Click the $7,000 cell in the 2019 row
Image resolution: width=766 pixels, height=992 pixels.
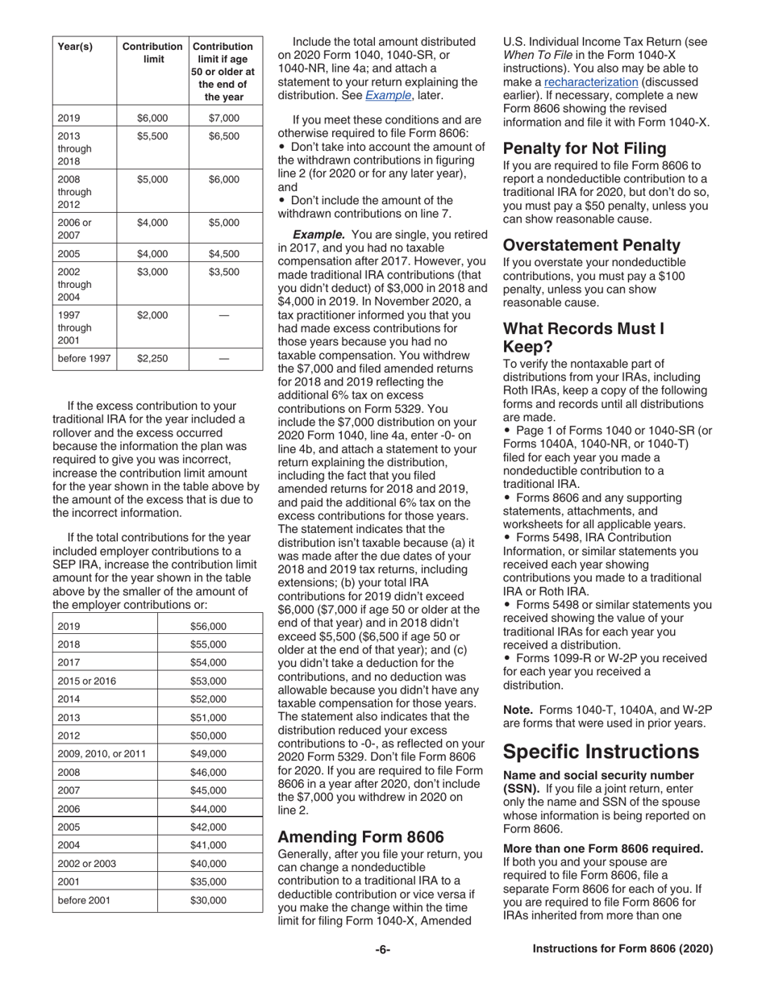pyautogui.click(x=224, y=118)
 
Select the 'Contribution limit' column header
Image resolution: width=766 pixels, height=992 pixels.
pyautogui.click(x=152, y=52)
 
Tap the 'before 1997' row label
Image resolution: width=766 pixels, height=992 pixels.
pyautogui.click(x=84, y=358)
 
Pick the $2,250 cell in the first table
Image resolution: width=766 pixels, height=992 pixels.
pyautogui.click(x=152, y=358)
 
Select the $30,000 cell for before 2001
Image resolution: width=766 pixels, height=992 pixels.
pyautogui.click(x=209, y=900)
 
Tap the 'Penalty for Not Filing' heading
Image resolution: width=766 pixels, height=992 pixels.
pyautogui.click(x=585, y=148)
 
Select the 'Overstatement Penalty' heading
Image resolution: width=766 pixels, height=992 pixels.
pyautogui.click(x=592, y=244)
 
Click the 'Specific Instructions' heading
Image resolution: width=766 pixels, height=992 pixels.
pyautogui.click(x=601, y=752)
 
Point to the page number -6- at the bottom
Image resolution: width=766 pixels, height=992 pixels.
pyautogui.click(x=383, y=949)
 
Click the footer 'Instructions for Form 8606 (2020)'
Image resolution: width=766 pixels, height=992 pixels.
pyautogui.click(x=622, y=949)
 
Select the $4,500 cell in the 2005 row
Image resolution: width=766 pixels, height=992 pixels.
pyautogui.click(x=224, y=253)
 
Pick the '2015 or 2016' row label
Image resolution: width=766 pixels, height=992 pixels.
pyautogui.click(x=88, y=681)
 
